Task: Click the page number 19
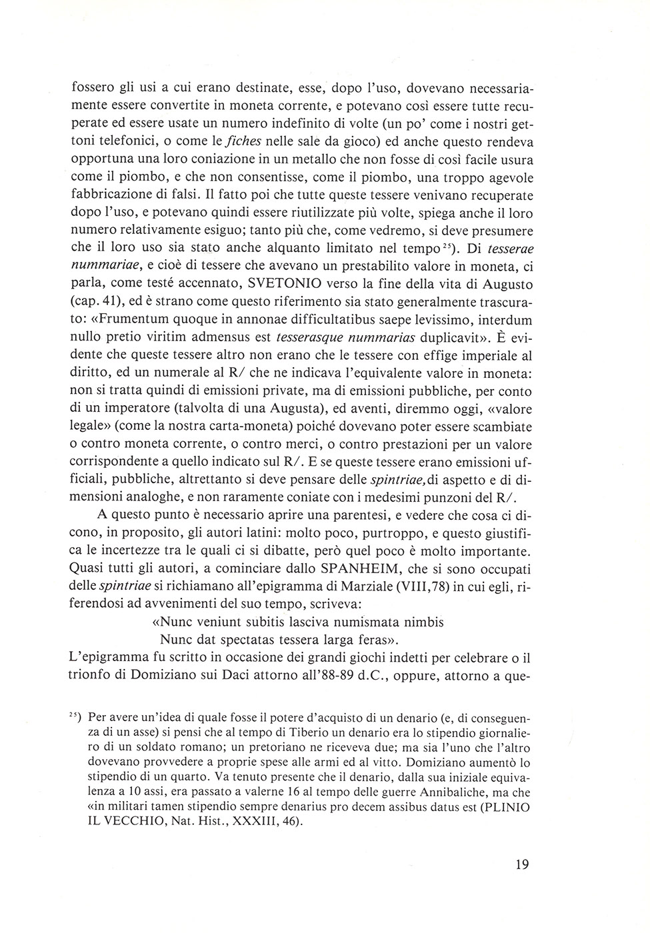point(521,864)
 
